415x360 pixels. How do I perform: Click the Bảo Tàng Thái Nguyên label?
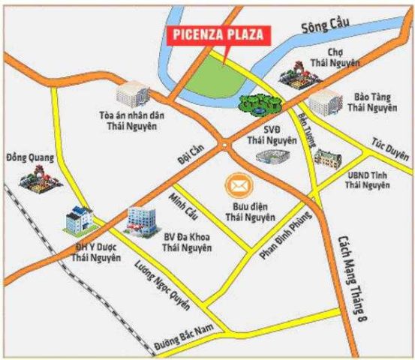[x=370, y=103]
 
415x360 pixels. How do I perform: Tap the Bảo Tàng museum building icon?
[x=324, y=101]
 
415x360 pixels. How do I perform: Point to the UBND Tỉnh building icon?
[x=326, y=158]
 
